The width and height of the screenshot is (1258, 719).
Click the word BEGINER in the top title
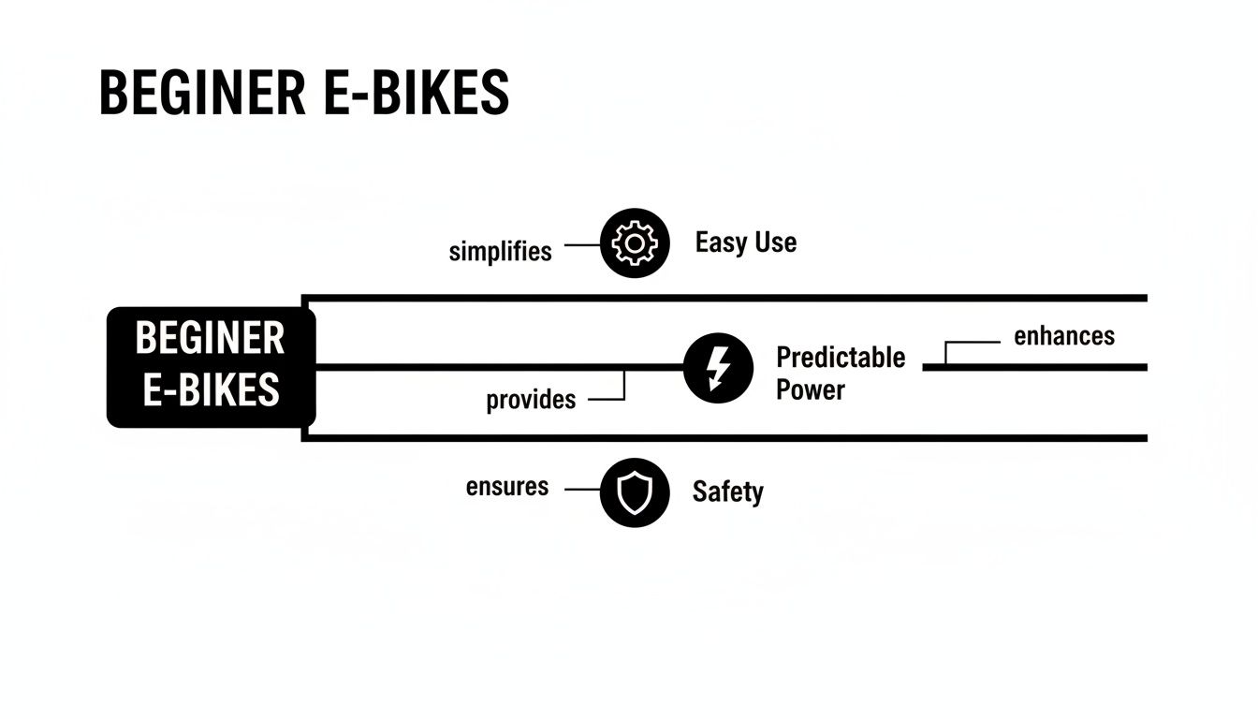pos(201,93)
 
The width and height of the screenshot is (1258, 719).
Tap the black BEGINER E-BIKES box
pos(212,367)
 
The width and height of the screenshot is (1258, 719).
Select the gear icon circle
pos(635,243)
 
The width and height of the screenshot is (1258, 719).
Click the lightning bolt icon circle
pos(718,367)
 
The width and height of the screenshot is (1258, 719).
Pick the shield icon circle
pos(635,492)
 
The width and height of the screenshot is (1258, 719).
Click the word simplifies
pos(500,252)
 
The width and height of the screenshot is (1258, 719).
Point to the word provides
pos(531,400)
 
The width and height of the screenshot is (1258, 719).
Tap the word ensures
pos(506,487)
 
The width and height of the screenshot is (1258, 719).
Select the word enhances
pos(1064,336)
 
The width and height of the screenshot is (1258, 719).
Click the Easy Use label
pos(745,243)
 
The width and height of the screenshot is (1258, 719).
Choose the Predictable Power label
pos(841,373)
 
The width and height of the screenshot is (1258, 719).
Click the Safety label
pos(727,492)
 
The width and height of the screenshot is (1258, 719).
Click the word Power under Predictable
pos(811,389)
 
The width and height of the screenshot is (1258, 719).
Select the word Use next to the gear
pos(775,243)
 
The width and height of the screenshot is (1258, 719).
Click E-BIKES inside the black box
pos(211,389)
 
